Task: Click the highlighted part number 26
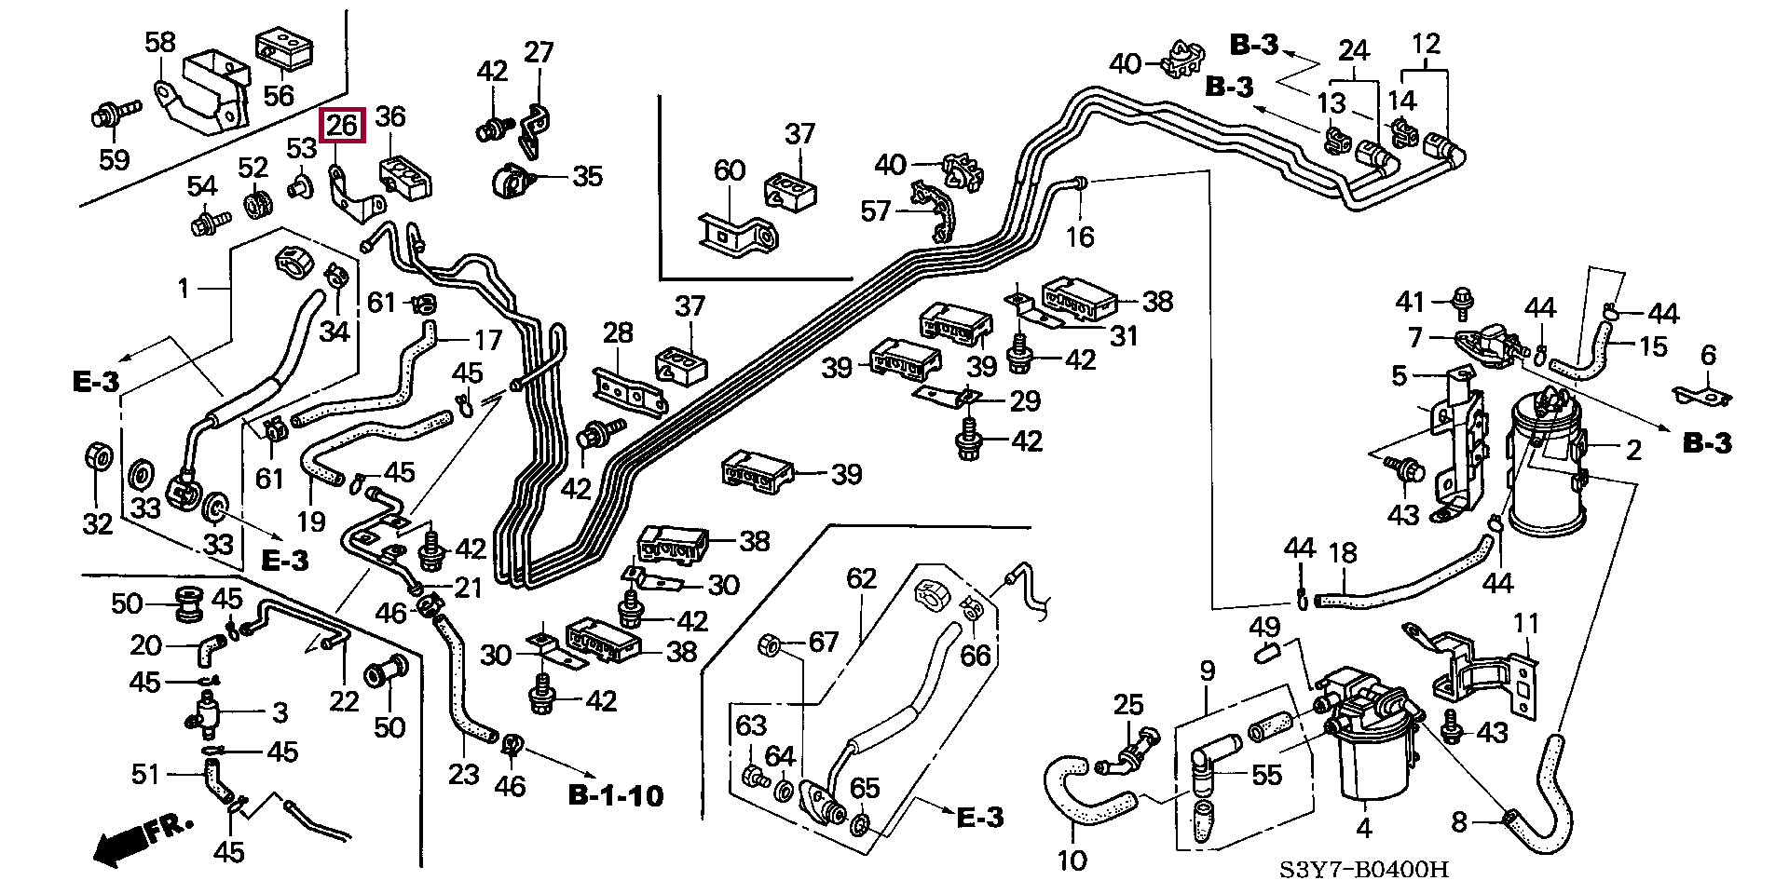click(x=343, y=125)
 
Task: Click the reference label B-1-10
click(x=616, y=795)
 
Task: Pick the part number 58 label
click(x=160, y=43)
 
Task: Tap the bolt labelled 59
click(x=108, y=119)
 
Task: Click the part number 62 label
click(x=862, y=579)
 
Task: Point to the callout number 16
click(x=1080, y=237)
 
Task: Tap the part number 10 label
click(x=1072, y=860)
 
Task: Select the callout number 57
click(x=875, y=212)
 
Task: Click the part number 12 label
click(x=1426, y=44)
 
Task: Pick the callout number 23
click(x=463, y=773)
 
